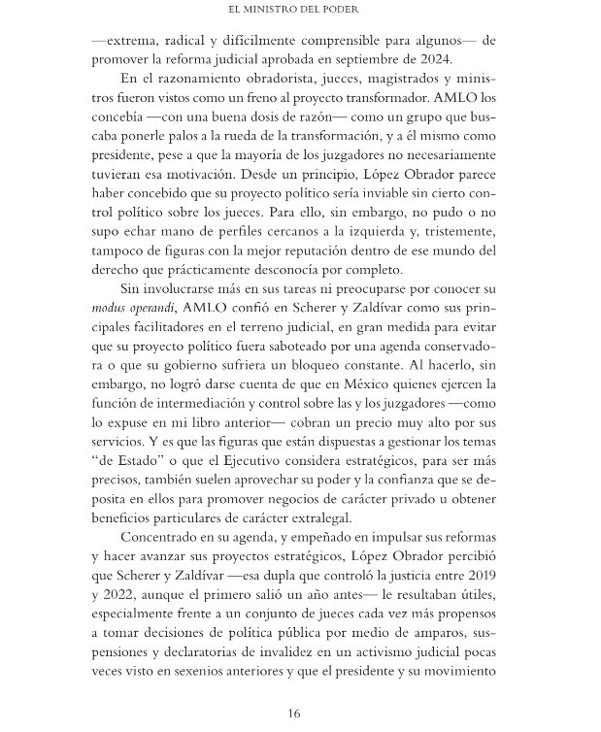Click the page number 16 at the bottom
coord(294,714)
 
